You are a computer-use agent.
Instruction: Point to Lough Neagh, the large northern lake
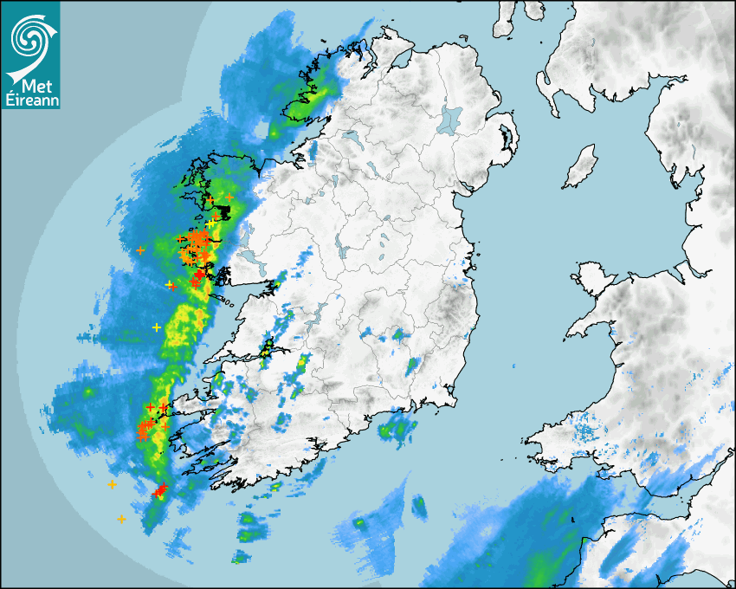click(450, 118)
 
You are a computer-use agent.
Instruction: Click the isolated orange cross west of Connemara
click(141, 250)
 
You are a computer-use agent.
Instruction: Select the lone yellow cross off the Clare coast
click(157, 327)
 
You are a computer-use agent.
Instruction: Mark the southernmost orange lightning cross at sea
click(121, 519)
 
